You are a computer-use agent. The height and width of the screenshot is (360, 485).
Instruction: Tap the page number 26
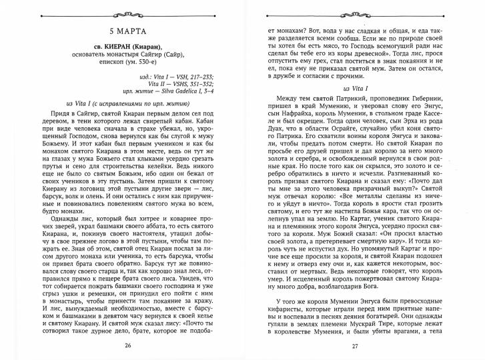point(127,345)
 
